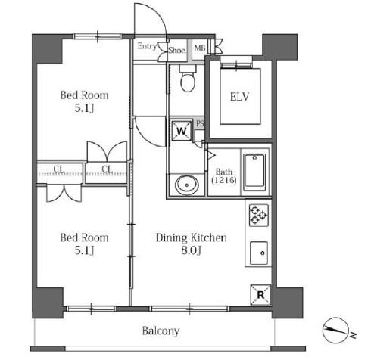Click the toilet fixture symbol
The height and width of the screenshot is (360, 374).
tap(188, 79)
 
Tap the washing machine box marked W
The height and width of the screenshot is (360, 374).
tap(181, 131)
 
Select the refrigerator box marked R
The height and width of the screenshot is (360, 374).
tap(260, 294)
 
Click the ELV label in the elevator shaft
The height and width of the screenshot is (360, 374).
tap(240, 97)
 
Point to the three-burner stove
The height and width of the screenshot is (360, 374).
tap(259, 215)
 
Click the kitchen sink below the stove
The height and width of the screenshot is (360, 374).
tap(259, 253)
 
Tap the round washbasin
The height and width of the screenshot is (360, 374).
tap(187, 185)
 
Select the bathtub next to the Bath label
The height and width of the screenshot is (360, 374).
tap(254, 172)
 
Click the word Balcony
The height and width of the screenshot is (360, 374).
tap(161, 331)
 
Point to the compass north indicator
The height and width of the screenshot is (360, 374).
tap(336, 330)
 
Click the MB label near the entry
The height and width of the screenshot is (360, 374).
tap(200, 48)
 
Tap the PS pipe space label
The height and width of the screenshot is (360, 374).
tap(200, 123)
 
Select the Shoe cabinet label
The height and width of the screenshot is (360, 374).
tap(177, 50)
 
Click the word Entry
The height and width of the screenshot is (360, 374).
tap(148, 46)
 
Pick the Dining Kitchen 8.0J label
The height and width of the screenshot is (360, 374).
tap(192, 244)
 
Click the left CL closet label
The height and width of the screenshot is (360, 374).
tap(58, 169)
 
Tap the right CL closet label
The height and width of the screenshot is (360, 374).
tap(107, 169)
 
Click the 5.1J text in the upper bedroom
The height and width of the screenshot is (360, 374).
tap(84, 108)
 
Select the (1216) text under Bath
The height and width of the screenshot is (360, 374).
tap(224, 180)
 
